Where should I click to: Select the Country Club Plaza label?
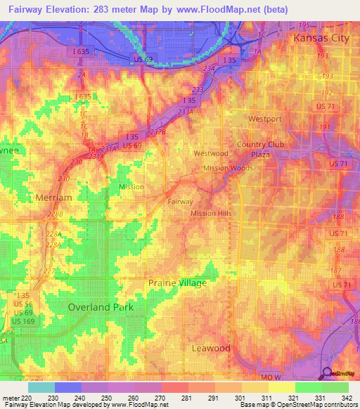(259, 149)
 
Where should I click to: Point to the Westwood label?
(211, 153)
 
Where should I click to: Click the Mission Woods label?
(228, 169)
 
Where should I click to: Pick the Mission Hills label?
(211, 213)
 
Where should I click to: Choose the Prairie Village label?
(177, 283)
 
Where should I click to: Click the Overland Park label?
(100, 307)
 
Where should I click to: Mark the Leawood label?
(211, 348)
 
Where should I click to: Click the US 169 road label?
(23, 321)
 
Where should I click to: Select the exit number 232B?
(157, 131)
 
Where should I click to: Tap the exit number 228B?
(56, 214)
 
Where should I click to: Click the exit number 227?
(49, 271)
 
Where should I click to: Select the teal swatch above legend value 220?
(41, 387)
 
